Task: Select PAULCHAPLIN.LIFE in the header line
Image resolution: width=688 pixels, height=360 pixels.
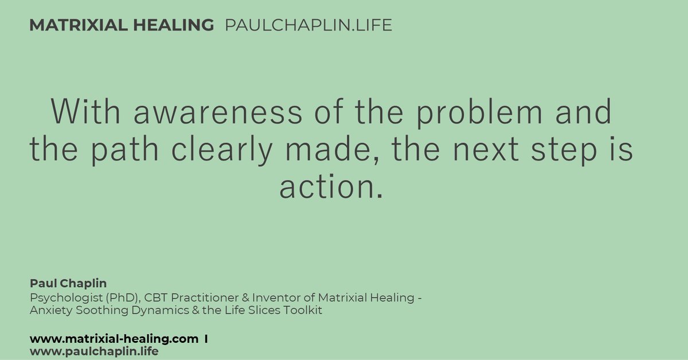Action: click(309, 25)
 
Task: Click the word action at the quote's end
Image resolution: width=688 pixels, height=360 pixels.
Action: click(326, 186)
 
